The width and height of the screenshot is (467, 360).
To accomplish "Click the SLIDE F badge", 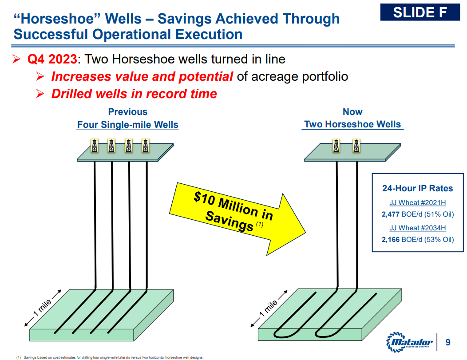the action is coord(420,12).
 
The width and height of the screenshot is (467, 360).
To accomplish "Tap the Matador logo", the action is coord(409,342).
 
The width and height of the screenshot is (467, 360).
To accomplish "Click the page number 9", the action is coord(447,342).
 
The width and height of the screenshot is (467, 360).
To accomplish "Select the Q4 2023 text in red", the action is coord(52,59).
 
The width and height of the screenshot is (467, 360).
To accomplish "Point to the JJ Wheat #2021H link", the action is coord(418,203).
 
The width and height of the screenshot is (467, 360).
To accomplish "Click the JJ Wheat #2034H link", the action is coord(418,228).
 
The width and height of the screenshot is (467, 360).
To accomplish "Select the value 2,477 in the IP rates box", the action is coord(391,214).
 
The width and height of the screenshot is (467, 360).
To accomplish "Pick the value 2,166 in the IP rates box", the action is coord(391,240).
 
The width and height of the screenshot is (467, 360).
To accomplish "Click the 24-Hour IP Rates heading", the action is coord(418,188).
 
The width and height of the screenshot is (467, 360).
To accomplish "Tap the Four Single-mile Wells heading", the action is coord(128,124).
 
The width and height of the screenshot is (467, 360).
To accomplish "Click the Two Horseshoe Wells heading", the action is coord(352,124).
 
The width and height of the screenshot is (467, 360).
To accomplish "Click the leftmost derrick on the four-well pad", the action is coord(95,146).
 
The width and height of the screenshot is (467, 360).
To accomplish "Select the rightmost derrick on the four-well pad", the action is coord(146,146).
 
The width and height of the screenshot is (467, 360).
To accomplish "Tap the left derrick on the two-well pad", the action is coord(336,146).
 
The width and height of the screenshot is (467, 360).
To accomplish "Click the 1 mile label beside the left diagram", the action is coord(43,308).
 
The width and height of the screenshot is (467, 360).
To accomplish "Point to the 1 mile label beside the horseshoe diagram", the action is coord(269,309).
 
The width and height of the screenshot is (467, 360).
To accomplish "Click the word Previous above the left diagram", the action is coord(128,112).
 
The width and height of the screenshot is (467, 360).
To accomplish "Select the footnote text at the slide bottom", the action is coord(110,357).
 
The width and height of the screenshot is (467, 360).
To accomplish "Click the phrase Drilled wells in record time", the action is coord(134,94).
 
